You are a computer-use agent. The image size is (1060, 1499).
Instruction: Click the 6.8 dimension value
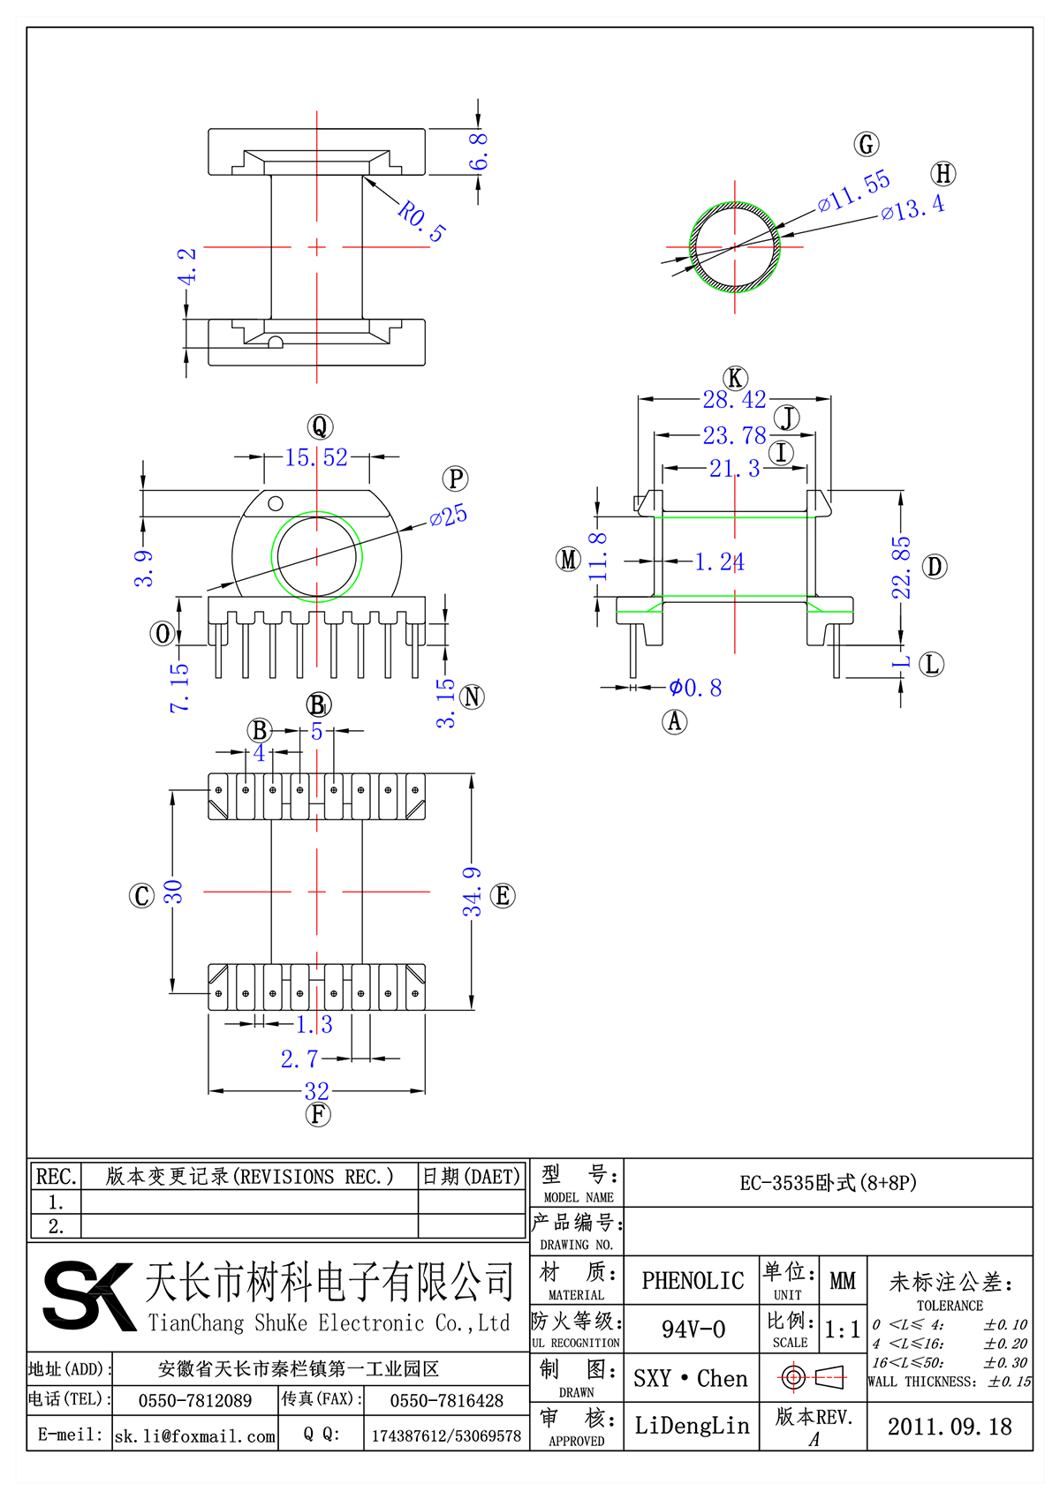[478, 151]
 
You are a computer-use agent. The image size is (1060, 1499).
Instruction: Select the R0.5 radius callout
[421, 221]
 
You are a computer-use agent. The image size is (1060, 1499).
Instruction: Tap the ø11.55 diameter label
[853, 192]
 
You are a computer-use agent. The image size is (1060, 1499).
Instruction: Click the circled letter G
[867, 145]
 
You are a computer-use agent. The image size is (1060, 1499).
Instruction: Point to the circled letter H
[943, 174]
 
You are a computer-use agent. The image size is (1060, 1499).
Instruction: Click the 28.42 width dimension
[734, 400]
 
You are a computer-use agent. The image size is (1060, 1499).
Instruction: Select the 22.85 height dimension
[900, 568]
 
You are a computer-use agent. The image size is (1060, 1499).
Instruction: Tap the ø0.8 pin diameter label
[695, 688]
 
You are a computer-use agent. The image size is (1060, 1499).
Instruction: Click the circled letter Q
[319, 427]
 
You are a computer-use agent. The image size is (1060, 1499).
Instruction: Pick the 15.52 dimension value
[316, 457]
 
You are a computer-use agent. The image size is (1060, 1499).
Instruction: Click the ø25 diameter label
[449, 516]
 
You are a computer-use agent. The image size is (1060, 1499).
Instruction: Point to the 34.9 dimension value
[473, 892]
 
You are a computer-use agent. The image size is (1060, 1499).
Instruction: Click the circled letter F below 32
[318, 1114]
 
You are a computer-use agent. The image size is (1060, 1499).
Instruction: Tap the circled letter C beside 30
[141, 896]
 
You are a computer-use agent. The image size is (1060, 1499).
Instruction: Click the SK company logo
[88, 1296]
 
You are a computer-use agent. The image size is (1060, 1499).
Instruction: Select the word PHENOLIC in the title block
[693, 1281]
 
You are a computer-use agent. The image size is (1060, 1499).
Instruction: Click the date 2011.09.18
[950, 1427]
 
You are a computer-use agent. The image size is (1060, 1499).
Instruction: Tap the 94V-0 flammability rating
[693, 1330]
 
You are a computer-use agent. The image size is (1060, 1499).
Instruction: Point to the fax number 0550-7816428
[446, 1401]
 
